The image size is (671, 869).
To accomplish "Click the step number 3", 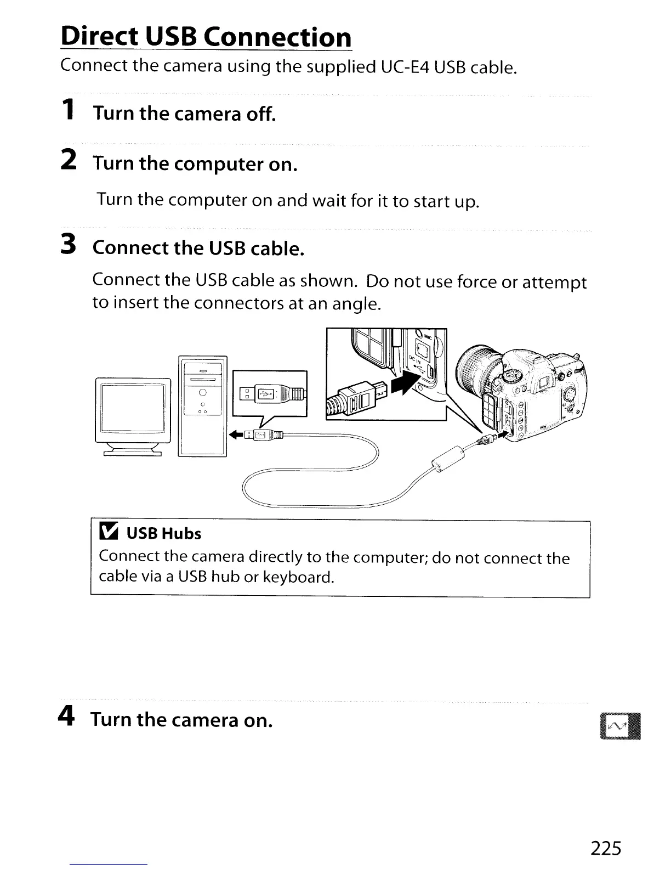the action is coord(67,245).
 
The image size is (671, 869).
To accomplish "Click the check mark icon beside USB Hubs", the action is coord(109,532).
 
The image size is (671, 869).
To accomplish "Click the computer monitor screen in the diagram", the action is coord(133,409).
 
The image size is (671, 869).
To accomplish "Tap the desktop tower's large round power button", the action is coord(202,392).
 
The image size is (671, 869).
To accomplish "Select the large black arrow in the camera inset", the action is coord(406,381).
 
